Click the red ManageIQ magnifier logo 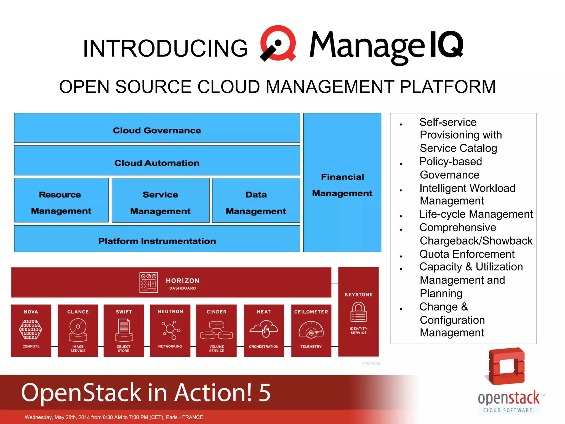pyautogui.click(x=278, y=43)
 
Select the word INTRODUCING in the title pyautogui.click(x=165, y=49)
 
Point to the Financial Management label pyautogui.click(x=342, y=185)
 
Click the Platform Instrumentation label pyautogui.click(x=157, y=241)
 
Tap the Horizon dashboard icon pyautogui.click(x=148, y=283)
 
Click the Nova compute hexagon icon pyautogui.click(x=31, y=329)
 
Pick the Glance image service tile pyautogui.click(x=78, y=330)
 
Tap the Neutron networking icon pyautogui.click(x=170, y=330)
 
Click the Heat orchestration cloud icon pyautogui.click(x=264, y=329)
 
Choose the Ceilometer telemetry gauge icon pyautogui.click(x=311, y=330)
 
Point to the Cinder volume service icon pyautogui.click(x=217, y=330)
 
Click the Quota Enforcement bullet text pyautogui.click(x=467, y=254)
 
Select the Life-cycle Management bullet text pyautogui.click(x=476, y=214)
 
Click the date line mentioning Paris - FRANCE pyautogui.click(x=114, y=417)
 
